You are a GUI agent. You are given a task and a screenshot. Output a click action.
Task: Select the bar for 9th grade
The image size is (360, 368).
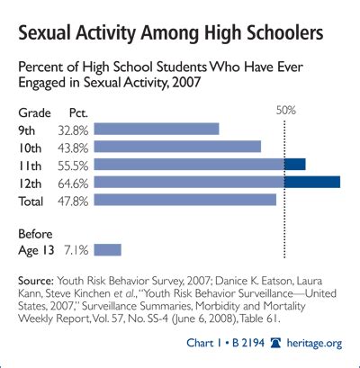click(x=156, y=129)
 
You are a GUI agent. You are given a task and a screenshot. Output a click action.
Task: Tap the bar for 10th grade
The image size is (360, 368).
click(x=176, y=147)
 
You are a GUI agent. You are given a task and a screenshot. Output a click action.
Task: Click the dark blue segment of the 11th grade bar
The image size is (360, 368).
click(x=295, y=164)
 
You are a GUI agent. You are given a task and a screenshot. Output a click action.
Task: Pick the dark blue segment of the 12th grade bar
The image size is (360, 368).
click(x=312, y=182)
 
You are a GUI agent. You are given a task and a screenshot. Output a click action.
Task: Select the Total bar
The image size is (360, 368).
click(x=184, y=200)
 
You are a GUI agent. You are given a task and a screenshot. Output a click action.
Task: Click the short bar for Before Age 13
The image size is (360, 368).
click(x=106, y=249)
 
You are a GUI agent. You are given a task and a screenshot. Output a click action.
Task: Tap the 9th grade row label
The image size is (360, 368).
click(x=30, y=129)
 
